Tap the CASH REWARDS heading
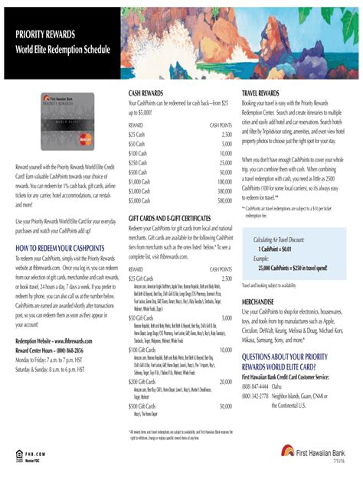pyautogui.click(x=146, y=93)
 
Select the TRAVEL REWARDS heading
pyautogui.click(x=263, y=93)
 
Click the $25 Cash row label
pyautogui.click(x=137, y=134)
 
